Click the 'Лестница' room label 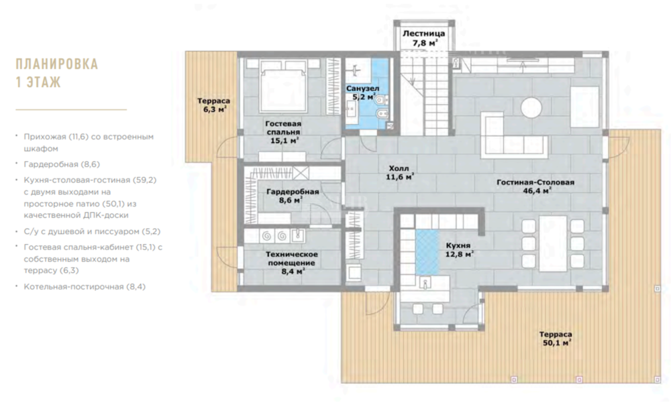[x=423, y=34]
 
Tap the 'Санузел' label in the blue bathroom [x=362, y=88]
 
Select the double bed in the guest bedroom [x=283, y=86]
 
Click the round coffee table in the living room [x=531, y=107]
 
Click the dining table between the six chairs [x=553, y=243]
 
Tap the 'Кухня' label [x=458, y=246]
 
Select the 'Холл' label [x=399, y=168]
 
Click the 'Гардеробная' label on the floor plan [x=293, y=192]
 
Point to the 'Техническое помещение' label [x=292, y=259]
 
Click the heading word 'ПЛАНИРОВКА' [x=57, y=64]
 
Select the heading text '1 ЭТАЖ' [x=38, y=82]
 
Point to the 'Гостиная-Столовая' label [x=535, y=182]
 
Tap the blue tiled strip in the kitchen [x=427, y=252]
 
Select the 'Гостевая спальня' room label [x=283, y=128]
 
